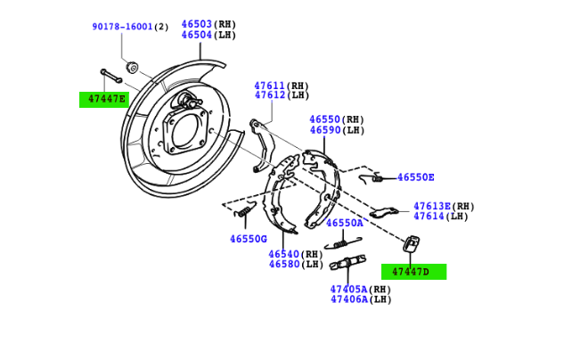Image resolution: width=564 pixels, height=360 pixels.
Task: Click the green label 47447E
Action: coord(104,99)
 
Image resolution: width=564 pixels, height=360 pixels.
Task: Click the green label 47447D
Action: coord(413,272)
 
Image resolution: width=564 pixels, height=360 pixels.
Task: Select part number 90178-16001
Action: coord(121,27)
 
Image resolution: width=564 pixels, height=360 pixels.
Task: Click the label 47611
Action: coord(269,86)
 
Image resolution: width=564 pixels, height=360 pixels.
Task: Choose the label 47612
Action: coord(269,95)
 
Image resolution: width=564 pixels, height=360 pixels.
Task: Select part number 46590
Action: coord(324,130)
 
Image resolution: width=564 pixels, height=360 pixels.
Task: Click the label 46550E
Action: coord(428,177)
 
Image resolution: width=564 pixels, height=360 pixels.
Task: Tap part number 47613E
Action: coord(433,206)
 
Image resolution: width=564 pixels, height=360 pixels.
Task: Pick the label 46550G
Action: coord(248,239)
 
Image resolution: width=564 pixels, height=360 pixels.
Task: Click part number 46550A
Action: coord(344,223)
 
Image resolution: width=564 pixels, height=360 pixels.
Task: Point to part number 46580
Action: coord(283,264)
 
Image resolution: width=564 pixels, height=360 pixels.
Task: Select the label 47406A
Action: coord(348,299)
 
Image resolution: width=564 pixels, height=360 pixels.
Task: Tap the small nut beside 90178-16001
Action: coord(132,66)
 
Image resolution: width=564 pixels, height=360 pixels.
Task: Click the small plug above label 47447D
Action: coord(411,243)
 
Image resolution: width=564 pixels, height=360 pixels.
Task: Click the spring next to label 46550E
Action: coord(378,178)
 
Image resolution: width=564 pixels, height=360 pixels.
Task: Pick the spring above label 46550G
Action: coord(245,210)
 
